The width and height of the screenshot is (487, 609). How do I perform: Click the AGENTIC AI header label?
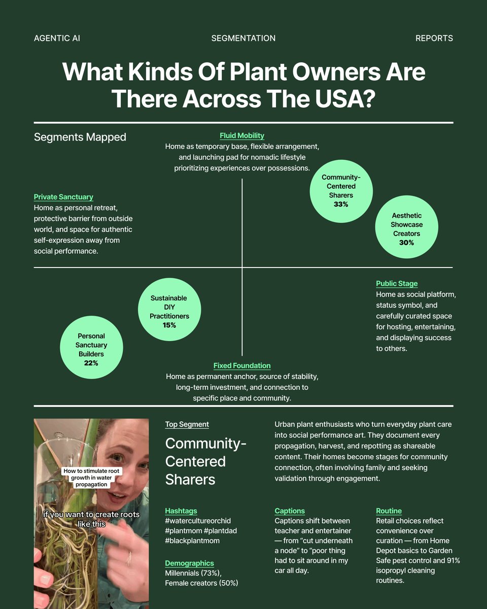tap(57, 38)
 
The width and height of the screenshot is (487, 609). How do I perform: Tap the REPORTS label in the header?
tap(434, 38)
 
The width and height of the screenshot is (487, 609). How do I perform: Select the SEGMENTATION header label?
tap(243, 38)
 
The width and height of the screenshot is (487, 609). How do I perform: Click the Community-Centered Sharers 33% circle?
tap(340, 191)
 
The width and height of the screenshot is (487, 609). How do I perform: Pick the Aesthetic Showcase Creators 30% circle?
tap(406, 229)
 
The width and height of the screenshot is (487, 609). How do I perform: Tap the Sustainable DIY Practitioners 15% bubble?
tap(169, 311)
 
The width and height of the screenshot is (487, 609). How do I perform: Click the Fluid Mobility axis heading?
tap(242, 136)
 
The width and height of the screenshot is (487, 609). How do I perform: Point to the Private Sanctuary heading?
tap(63, 197)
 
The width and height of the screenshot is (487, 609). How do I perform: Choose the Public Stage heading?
tap(397, 284)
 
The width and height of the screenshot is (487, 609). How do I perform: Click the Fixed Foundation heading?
tap(242, 365)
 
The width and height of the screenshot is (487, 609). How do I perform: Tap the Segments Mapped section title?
tap(80, 137)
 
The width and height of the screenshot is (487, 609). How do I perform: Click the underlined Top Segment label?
tap(187, 424)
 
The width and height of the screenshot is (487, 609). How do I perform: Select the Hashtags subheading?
tap(181, 511)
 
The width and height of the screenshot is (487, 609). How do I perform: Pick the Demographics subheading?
tap(189, 563)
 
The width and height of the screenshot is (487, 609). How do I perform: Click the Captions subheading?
tap(290, 511)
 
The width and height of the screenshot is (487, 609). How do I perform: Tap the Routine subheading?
tap(389, 511)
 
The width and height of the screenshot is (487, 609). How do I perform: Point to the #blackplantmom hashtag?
tap(192, 540)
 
